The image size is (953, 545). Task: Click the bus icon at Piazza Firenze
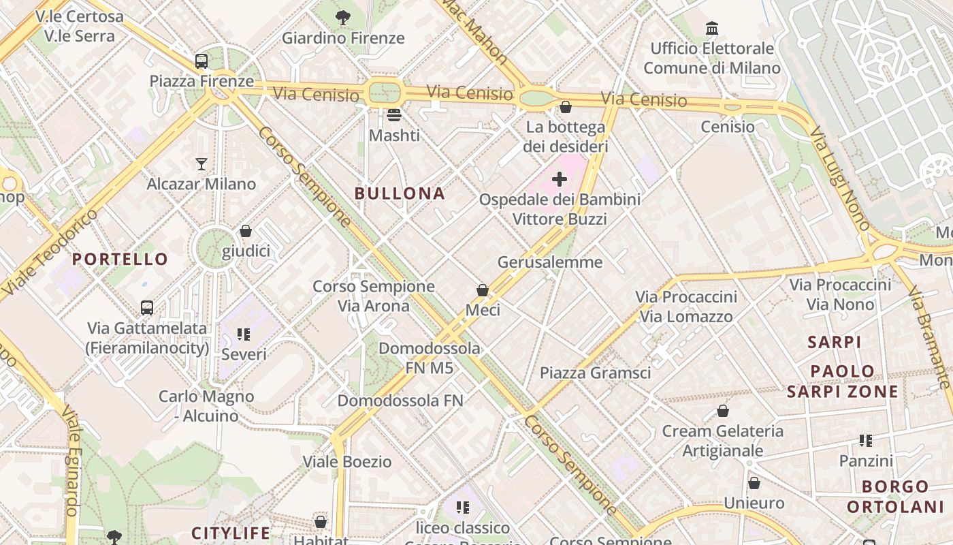(201, 61)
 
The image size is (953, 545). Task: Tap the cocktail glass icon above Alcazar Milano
(201, 163)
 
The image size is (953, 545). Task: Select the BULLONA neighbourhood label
(400, 193)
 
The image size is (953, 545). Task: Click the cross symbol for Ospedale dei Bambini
(560, 179)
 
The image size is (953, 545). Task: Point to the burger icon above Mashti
(394, 115)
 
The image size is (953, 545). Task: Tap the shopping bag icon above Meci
(483, 290)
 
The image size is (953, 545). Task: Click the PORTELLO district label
(120, 259)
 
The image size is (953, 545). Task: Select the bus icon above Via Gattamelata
(147, 307)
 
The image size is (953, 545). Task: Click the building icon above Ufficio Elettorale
(712, 29)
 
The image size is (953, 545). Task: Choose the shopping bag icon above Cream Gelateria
(723, 411)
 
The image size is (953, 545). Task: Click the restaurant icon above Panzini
(866, 440)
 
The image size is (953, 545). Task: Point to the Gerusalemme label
(550, 262)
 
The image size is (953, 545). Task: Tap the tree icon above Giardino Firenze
(343, 18)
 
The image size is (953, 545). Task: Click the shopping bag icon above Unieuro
(754, 483)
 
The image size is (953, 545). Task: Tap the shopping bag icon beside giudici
(246, 231)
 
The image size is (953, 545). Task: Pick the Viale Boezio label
(347, 461)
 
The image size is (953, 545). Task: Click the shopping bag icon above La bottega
(565, 107)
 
